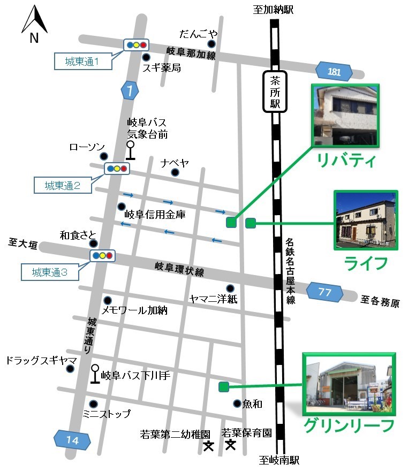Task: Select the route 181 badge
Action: (334, 71)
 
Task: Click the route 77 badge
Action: (324, 292)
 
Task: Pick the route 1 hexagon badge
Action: (130, 90)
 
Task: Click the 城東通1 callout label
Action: (83, 62)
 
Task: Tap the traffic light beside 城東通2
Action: (117, 169)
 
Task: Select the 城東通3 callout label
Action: (50, 271)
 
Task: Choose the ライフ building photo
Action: (366, 219)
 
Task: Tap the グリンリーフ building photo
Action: (349, 384)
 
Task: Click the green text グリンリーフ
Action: (349, 425)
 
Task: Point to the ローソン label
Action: (87, 147)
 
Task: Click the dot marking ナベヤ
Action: (175, 172)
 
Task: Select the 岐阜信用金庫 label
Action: (155, 215)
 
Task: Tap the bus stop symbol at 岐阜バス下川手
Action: (95, 374)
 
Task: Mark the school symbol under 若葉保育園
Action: (231, 444)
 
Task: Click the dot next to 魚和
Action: (237, 404)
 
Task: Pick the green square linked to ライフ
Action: (250, 223)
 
